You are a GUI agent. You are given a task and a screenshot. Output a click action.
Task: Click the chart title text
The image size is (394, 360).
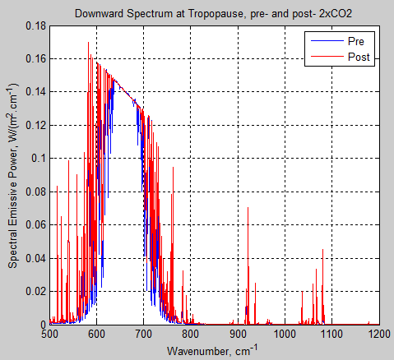[x=214, y=14]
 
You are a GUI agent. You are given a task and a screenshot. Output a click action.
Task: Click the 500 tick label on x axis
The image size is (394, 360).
[x=50, y=335]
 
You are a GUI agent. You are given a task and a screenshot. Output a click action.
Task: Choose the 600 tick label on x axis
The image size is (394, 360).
[x=97, y=335]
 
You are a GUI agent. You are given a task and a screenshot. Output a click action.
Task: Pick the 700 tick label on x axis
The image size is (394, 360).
[x=144, y=335]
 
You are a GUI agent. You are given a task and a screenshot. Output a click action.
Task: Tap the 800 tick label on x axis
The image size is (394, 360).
[x=191, y=335]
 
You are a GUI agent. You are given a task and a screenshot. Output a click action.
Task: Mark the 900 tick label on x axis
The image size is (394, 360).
[x=238, y=335]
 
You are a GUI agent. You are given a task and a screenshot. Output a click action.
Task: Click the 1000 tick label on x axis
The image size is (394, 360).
[x=285, y=335]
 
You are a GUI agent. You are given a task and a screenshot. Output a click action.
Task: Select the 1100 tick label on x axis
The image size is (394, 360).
[x=331, y=335]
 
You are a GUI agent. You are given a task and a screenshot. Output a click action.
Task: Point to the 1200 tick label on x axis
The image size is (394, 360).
[x=378, y=335]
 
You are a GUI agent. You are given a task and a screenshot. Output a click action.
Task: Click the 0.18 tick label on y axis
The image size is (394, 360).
[x=34, y=25]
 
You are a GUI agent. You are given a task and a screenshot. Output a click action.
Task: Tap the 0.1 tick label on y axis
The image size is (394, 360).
[x=37, y=159]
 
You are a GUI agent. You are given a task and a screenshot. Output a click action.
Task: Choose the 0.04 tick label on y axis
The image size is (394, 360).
[x=34, y=258]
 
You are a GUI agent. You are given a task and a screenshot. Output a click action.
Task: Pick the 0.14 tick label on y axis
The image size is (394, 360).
[x=34, y=92]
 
